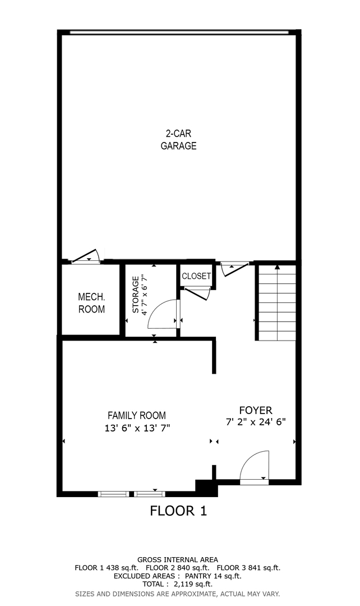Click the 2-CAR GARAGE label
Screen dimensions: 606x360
[178, 140]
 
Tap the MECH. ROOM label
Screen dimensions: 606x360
[91, 303]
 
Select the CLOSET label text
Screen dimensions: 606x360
[196, 276]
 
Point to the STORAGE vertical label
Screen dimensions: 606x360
[136, 295]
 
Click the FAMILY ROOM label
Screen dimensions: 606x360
[136, 416]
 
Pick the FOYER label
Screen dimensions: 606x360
[255, 410]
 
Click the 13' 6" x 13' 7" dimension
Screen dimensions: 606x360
[136, 428]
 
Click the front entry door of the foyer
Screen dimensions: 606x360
[255, 467]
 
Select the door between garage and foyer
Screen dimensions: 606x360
[234, 268]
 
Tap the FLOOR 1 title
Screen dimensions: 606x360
[178, 511]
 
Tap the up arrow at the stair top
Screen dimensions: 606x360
[277, 267]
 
